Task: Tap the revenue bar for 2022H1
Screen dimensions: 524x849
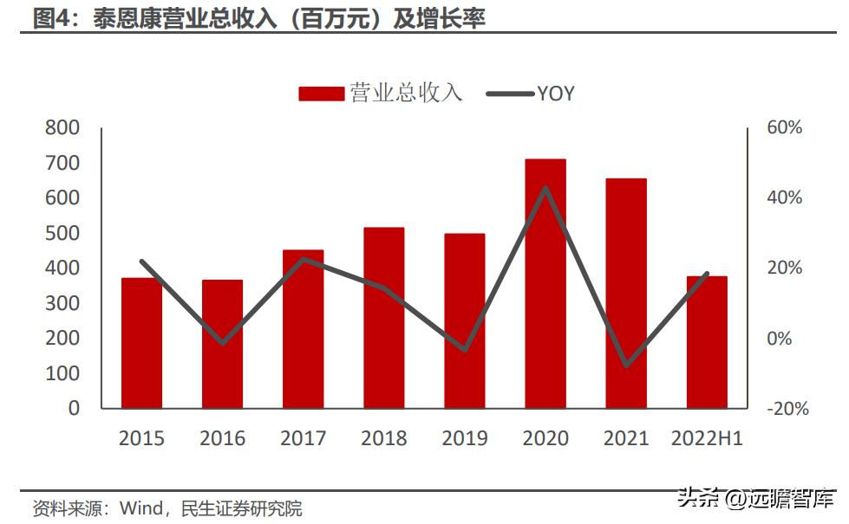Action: pyautogui.click(x=707, y=342)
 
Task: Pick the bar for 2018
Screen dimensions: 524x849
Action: pyautogui.click(x=383, y=318)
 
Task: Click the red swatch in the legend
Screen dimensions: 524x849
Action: pyautogui.click(x=321, y=94)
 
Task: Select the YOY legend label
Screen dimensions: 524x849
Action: pyautogui.click(x=556, y=94)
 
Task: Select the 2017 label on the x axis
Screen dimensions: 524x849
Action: pyautogui.click(x=303, y=438)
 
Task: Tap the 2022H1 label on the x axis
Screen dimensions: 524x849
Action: pyautogui.click(x=707, y=438)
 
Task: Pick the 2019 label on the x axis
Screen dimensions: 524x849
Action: pyautogui.click(x=465, y=438)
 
